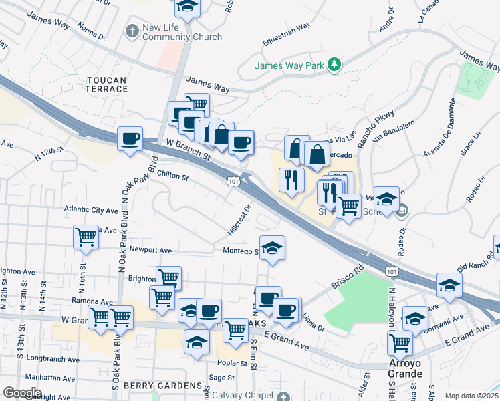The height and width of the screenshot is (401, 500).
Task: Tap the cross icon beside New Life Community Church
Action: pos(132,31)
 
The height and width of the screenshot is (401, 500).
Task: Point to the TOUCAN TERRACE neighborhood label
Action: pos(106,85)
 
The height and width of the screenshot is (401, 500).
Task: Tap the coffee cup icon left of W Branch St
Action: pos(130,139)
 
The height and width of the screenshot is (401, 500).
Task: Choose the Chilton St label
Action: pos(173,178)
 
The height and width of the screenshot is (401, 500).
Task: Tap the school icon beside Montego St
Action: pos(272,249)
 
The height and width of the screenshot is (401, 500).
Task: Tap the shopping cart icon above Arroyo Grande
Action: pos(400,343)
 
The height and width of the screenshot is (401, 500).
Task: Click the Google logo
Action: pos(21,393)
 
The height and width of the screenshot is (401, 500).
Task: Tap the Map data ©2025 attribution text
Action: pos(471,396)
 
